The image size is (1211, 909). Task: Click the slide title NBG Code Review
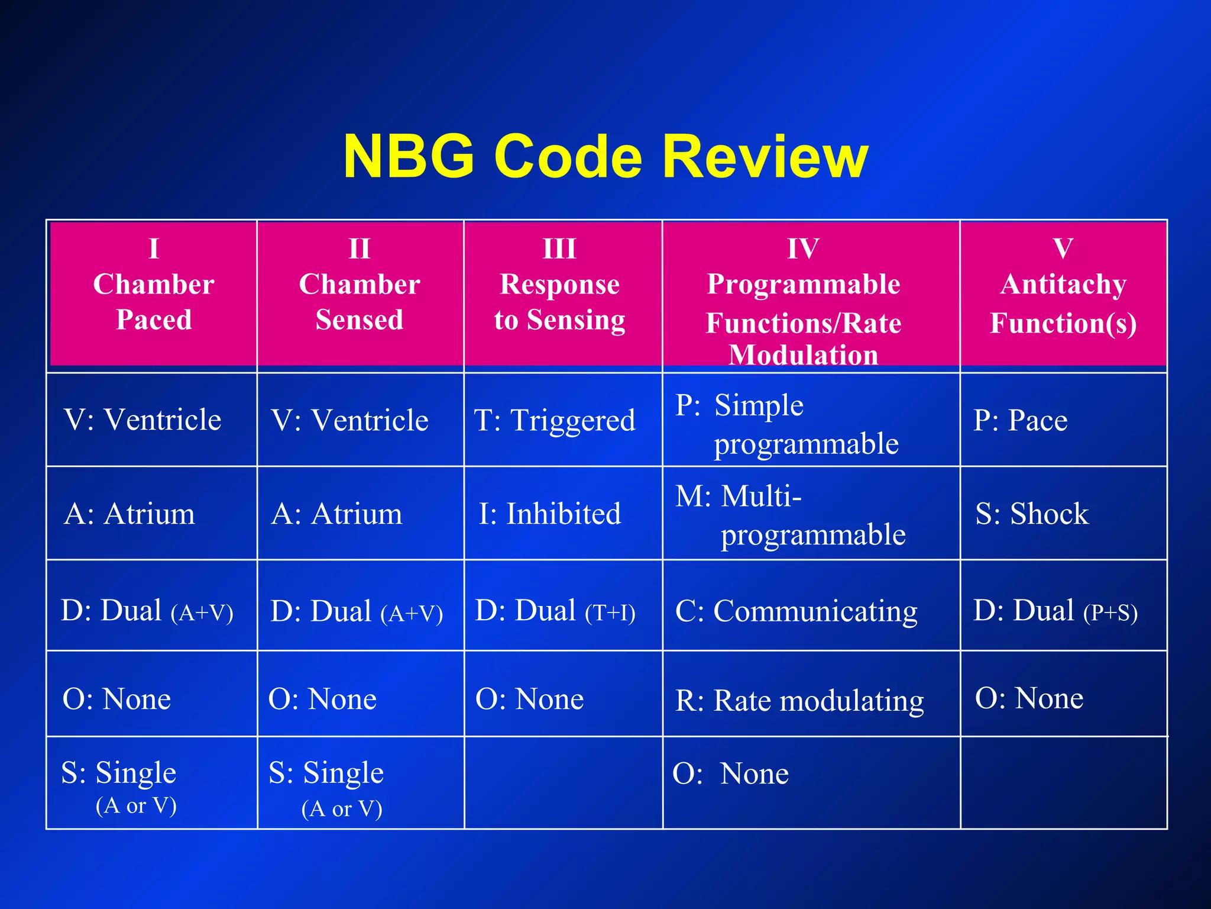point(605,156)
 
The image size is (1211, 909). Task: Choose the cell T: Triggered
point(555,420)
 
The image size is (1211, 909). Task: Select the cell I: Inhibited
point(550,514)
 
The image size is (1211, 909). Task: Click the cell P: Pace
point(1021,420)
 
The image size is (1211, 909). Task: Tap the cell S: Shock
point(1031,514)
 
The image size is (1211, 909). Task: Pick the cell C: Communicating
point(796,611)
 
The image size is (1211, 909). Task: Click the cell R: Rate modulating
point(799,701)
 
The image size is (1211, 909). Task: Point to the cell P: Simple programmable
point(786,424)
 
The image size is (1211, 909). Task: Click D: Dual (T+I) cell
point(555,611)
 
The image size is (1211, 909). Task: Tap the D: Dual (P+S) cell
point(1055,611)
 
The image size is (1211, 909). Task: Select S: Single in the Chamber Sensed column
point(326,773)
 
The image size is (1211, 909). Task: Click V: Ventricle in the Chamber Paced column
point(142,420)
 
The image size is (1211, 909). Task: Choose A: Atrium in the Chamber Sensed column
point(336,514)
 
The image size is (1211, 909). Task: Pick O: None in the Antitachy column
point(1029,698)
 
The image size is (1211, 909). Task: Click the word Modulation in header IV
point(803,355)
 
